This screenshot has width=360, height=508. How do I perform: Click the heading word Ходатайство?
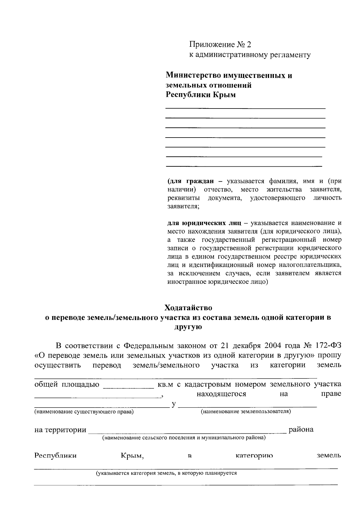pyautogui.click(x=188, y=308)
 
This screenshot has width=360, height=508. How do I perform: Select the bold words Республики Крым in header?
pyautogui.click(x=201, y=95)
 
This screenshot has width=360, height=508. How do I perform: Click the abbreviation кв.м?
pyautogui.click(x=165, y=385)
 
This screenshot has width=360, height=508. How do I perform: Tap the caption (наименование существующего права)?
pyautogui.click(x=84, y=412)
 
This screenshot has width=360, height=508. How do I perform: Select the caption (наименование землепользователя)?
pyautogui.click(x=246, y=411)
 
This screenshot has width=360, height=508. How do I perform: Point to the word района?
pyautogui.click(x=301, y=430)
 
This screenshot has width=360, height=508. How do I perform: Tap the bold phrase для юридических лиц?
pyautogui.click(x=204, y=223)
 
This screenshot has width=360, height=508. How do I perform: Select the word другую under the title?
pyautogui.click(x=188, y=327)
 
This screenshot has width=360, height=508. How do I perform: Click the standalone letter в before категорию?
pyautogui.click(x=190, y=456)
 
